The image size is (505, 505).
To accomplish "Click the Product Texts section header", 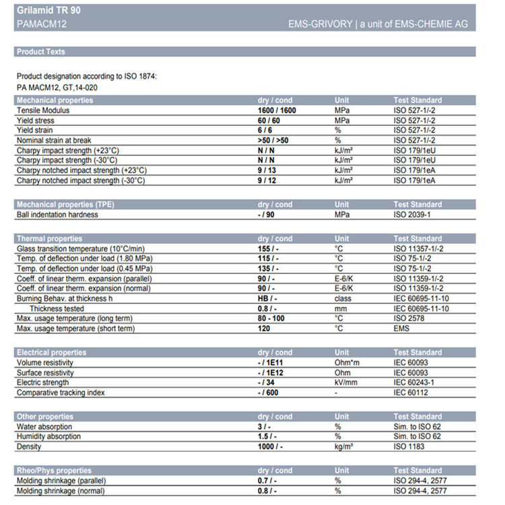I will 41,52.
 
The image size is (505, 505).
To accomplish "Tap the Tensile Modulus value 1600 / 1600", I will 277,110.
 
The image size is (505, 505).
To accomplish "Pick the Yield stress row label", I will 35,121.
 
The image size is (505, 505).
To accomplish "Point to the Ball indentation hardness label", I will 57,215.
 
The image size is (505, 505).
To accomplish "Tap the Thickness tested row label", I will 61,308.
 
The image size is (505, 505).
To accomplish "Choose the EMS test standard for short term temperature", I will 402,329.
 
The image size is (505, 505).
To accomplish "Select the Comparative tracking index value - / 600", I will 269,393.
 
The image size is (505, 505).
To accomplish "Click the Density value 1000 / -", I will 269,446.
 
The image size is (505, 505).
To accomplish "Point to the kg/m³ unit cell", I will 344,446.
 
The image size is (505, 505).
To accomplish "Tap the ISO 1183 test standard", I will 409,446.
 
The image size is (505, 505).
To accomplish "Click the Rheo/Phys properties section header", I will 54,470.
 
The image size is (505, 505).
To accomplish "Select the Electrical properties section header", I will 52,352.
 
